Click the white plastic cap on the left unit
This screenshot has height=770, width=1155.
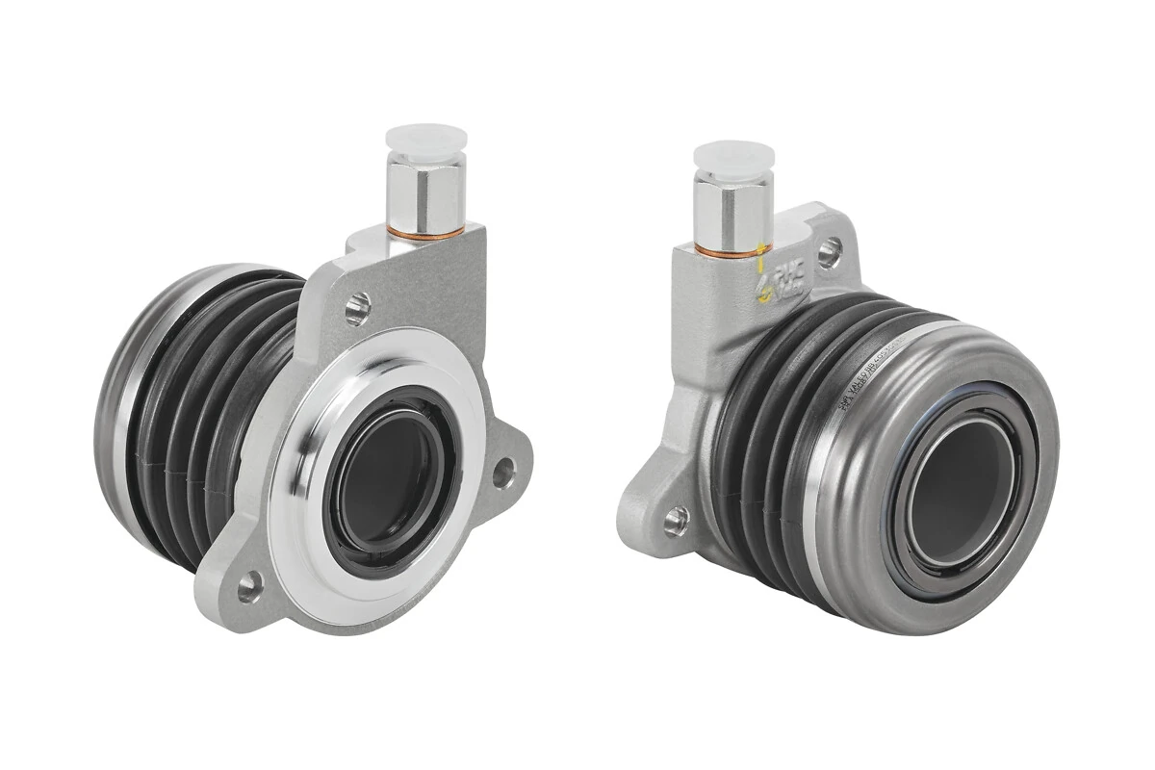point(424,141)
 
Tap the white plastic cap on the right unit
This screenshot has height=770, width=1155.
point(732,159)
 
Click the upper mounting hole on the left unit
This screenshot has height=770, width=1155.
point(358,307)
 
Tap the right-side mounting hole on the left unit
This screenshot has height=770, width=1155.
point(503,471)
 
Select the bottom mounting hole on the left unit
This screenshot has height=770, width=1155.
point(249,583)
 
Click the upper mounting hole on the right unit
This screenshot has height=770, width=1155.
point(827,252)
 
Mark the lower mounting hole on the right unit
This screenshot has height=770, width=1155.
point(677,520)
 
